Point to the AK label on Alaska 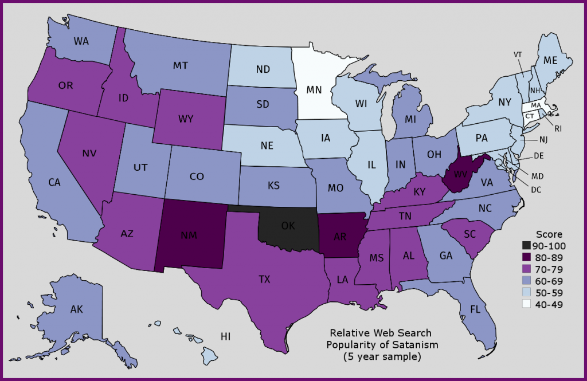[x=77, y=309]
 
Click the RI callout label [x=558, y=128]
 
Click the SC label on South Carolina [x=470, y=235]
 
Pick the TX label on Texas [x=264, y=279]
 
